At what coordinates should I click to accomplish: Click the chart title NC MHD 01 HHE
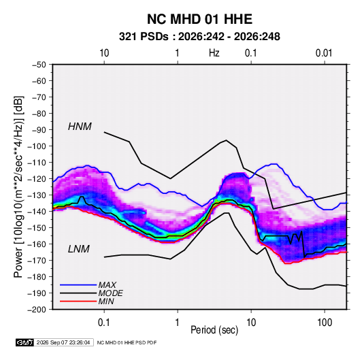(199, 19)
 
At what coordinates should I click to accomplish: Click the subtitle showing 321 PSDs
(199, 37)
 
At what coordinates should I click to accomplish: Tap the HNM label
(80, 127)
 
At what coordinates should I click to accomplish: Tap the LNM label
(79, 249)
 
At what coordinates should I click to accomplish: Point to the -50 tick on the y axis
(39, 65)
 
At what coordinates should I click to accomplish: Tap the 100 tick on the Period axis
(325, 323)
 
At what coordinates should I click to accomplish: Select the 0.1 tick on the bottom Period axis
(104, 323)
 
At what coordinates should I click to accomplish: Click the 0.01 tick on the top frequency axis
(324, 53)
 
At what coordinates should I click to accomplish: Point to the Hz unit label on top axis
(214, 53)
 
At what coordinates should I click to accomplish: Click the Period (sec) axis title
(214, 330)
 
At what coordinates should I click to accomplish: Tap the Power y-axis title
(18, 186)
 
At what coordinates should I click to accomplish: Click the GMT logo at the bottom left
(24, 342)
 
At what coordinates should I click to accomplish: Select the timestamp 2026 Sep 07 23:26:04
(63, 342)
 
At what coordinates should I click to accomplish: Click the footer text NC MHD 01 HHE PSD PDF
(127, 342)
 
